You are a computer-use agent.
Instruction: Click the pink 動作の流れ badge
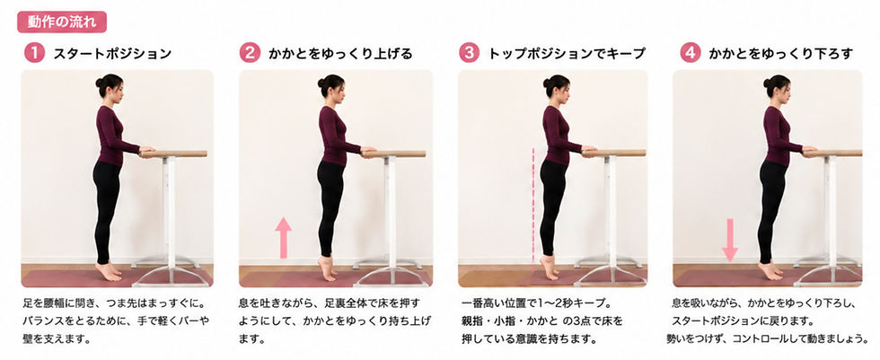(62, 22)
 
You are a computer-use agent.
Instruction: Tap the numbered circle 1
(34, 53)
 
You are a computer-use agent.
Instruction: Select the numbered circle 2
(250, 53)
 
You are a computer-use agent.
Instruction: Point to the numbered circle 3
(469, 53)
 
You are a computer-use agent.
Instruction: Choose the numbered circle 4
(690, 53)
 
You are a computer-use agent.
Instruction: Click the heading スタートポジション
(112, 54)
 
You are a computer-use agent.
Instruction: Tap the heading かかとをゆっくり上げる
(340, 54)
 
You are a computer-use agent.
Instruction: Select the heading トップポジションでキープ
(567, 54)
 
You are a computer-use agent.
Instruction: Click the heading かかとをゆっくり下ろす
(780, 54)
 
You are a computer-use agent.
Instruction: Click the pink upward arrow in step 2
(284, 238)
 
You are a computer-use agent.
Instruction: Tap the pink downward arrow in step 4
(730, 240)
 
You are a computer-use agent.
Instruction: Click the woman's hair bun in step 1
(100, 83)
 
